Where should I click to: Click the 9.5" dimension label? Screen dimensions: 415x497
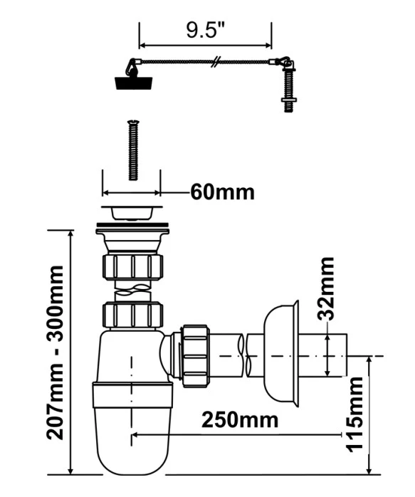pos(205,31)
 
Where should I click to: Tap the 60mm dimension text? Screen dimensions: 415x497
pos(222,192)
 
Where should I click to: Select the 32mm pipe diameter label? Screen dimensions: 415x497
pos(325,288)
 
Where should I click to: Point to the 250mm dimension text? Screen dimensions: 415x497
pos(240,419)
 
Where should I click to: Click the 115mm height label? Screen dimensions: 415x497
pos(354,414)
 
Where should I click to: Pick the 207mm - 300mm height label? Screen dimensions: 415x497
pos(56,352)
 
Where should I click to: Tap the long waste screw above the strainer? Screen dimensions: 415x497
pos(133,150)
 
